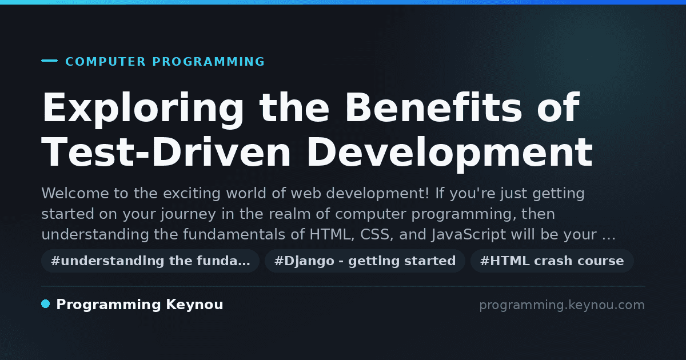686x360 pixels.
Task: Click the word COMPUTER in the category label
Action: (105, 62)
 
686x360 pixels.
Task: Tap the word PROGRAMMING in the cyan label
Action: (208, 62)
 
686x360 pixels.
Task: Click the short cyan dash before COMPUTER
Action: (49, 61)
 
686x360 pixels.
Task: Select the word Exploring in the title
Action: (143, 110)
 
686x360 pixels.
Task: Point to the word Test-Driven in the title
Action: (166, 152)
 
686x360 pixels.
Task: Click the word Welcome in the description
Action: (75, 194)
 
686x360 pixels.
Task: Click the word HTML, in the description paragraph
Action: (332, 235)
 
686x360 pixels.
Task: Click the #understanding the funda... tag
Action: (150, 261)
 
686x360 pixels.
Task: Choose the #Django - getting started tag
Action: (365, 261)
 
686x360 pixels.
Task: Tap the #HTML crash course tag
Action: (552, 261)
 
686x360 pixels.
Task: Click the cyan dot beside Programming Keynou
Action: (46, 304)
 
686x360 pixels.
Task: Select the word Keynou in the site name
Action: (194, 305)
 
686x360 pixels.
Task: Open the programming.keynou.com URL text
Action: (562, 305)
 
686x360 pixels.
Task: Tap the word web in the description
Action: (306, 194)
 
